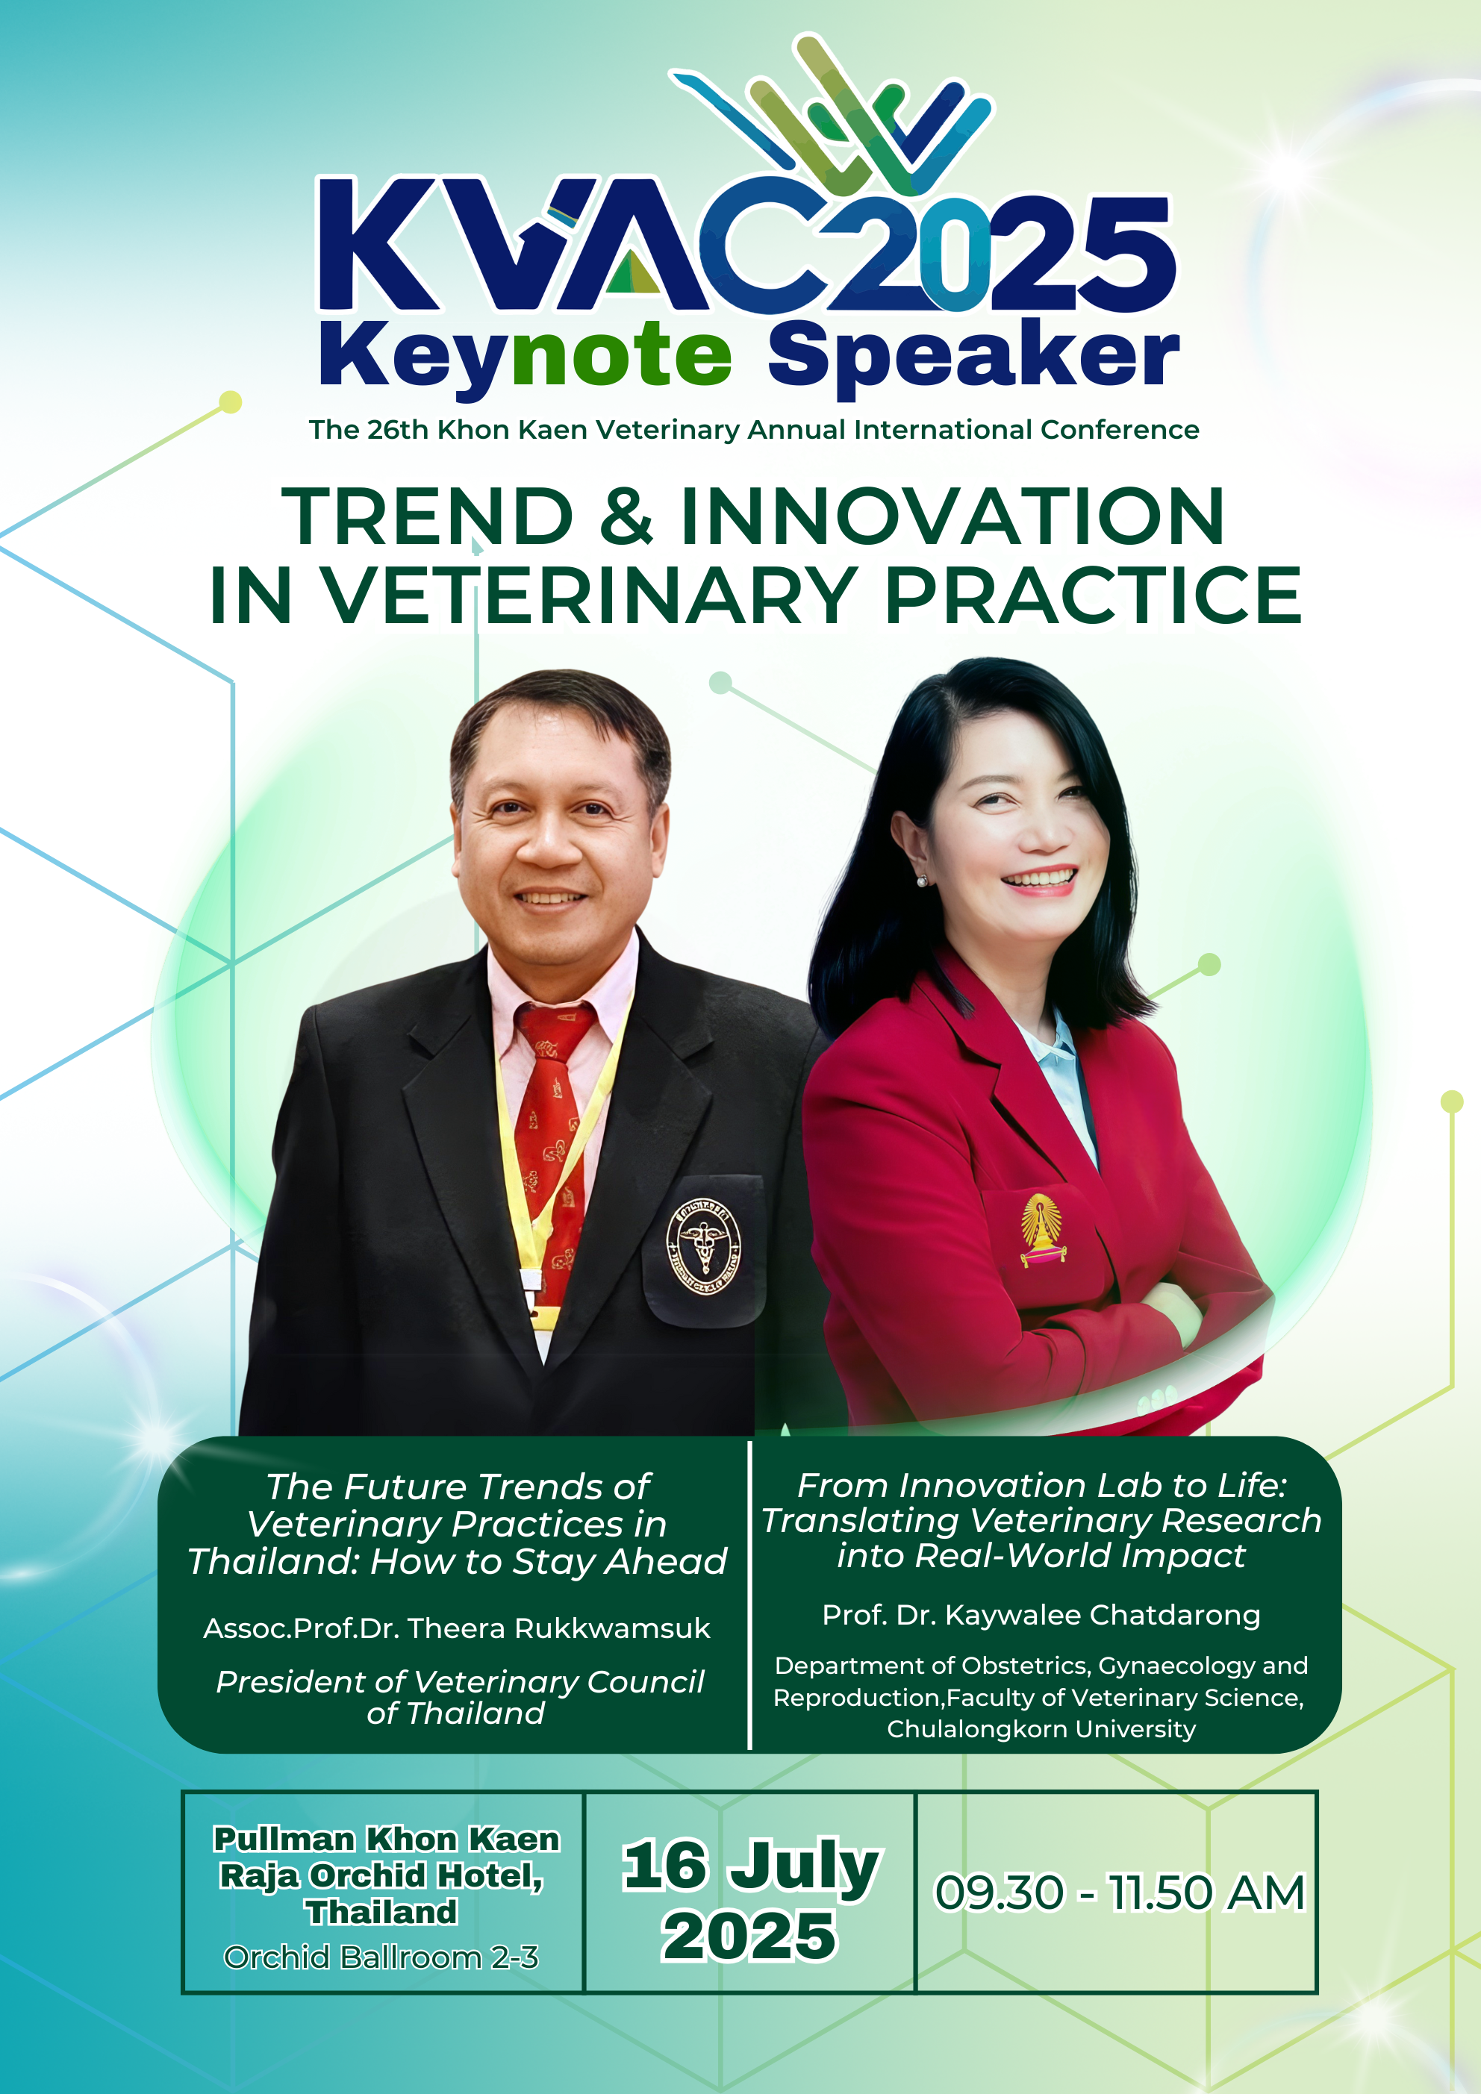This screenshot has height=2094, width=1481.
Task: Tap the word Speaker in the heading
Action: [x=973, y=357]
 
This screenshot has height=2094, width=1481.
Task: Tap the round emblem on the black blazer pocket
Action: [x=703, y=1246]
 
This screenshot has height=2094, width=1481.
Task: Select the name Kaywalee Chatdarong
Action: [x=1103, y=1615]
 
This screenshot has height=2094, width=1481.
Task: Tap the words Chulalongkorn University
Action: [x=1041, y=1729]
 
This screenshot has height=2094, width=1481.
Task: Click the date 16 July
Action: [x=752, y=1867]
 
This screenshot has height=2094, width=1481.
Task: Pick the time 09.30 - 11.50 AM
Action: [x=1120, y=1893]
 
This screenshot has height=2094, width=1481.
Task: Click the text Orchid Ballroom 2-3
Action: [x=381, y=1957]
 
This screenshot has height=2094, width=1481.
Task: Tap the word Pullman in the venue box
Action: [x=284, y=1839]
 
